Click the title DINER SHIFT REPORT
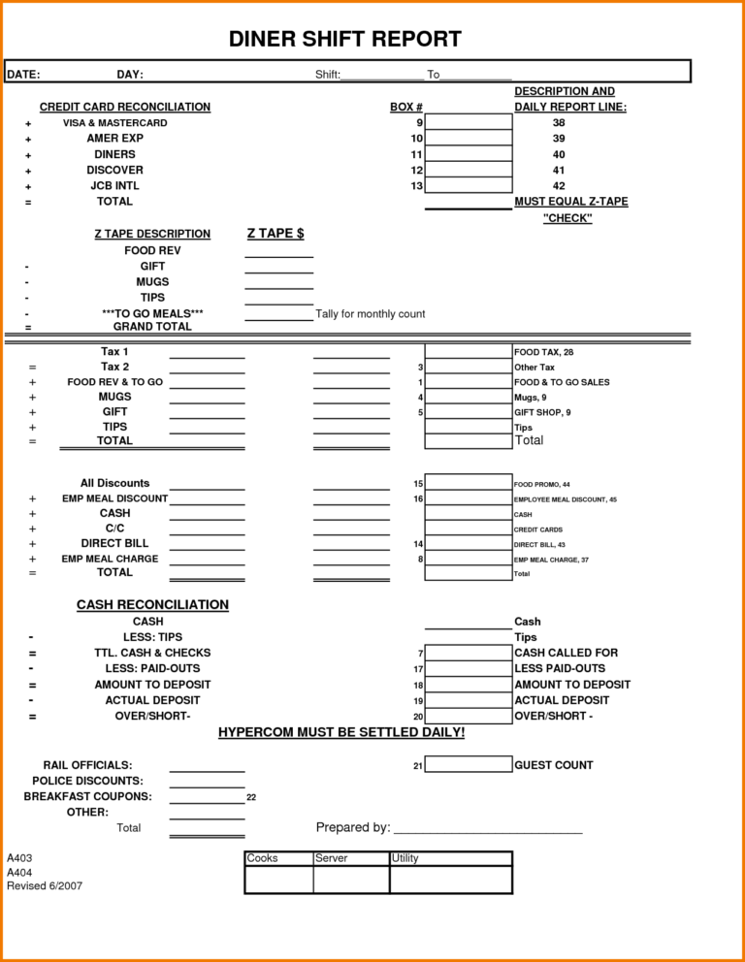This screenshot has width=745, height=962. (x=344, y=40)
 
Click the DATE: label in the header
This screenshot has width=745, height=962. (x=23, y=75)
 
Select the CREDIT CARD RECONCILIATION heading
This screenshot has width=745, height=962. (x=124, y=107)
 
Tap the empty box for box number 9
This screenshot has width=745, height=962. (x=469, y=123)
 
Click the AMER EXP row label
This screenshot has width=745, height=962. (x=114, y=139)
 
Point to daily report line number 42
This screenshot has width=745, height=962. (x=559, y=186)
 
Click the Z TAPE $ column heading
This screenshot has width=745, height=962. (x=275, y=234)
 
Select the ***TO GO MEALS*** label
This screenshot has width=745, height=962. (x=152, y=313)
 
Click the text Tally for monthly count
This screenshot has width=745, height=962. (x=370, y=314)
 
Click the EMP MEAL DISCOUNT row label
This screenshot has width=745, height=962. (x=114, y=498)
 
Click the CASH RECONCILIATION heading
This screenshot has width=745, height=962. (x=152, y=605)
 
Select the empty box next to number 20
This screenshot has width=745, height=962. (x=469, y=717)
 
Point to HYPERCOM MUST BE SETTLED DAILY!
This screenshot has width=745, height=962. (x=341, y=732)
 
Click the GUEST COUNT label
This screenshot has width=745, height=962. (x=553, y=765)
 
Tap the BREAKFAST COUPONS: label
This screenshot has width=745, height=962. (x=87, y=796)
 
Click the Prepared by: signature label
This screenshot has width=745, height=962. (x=353, y=827)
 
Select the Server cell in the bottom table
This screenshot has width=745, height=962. (x=332, y=858)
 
